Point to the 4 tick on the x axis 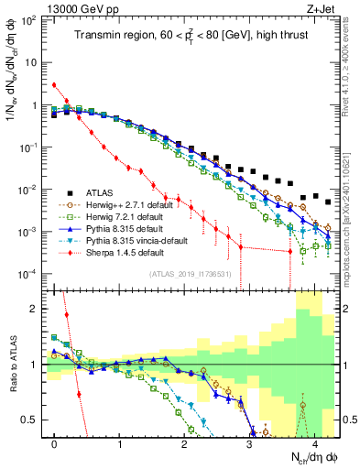pos(314,444)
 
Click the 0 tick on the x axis pos(55,444)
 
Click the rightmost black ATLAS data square pos(327,201)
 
